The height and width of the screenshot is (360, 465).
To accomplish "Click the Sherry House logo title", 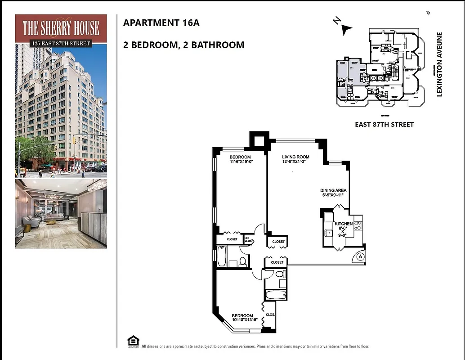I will pos(61,28).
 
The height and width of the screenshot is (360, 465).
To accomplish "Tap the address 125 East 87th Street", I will pos(61,44).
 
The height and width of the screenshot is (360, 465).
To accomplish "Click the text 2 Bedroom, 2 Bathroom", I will pos(183,45).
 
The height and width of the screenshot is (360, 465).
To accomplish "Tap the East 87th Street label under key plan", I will pos(385,124).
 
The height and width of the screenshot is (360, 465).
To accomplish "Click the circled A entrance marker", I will pos(360,256).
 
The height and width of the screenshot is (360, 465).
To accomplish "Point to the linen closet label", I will pos(248,239).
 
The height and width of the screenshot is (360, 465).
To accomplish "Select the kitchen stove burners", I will pos(358,223).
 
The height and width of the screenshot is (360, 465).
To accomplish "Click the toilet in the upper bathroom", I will pos(242,261).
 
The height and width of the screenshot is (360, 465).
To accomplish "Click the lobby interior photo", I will pos(61,213).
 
